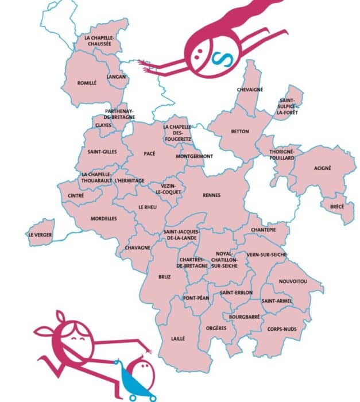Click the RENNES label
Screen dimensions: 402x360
click(211, 195)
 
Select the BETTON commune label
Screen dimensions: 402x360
click(239, 132)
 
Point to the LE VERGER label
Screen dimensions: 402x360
click(39, 235)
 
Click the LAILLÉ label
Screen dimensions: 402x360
click(178, 339)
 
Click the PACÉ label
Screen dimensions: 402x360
click(150, 153)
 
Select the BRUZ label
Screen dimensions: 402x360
click(165, 277)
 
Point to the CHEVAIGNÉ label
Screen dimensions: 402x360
click(250, 90)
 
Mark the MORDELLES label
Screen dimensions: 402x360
click(104, 219)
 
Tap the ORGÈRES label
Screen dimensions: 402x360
click(216, 328)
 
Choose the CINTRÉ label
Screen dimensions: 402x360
click(76, 196)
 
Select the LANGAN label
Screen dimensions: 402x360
click(116, 76)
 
